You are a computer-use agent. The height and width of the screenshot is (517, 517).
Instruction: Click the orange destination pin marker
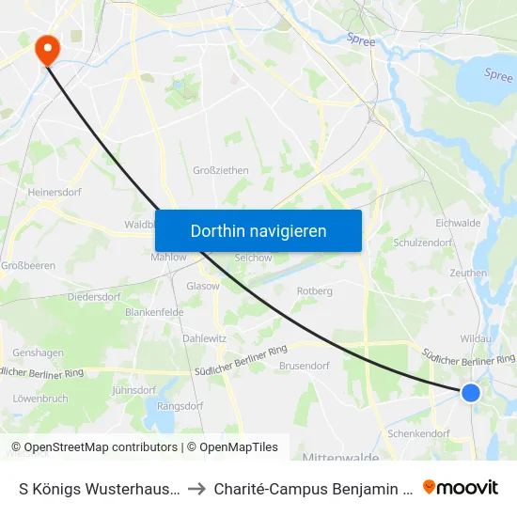pos(45,49)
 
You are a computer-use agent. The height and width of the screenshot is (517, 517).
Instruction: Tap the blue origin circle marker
pos(471,393)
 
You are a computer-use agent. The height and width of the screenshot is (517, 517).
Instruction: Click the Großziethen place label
pos(220,170)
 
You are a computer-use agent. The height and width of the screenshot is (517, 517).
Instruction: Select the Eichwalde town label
pos(458,224)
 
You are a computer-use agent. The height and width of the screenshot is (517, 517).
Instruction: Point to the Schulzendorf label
pos(422,242)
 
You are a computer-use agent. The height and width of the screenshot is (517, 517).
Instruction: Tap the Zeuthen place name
pos(468,274)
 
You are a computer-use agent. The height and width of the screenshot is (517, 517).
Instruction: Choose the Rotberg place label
pos(315,291)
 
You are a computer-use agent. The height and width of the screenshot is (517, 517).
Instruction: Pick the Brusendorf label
pos(304,366)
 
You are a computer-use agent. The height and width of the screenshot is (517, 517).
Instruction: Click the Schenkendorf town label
pos(418,434)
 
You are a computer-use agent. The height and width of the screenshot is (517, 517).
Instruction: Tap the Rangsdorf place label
pos(180,405)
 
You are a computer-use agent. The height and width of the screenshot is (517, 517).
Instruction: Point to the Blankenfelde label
pos(152,312)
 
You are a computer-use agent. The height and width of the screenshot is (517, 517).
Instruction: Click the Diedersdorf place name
pos(94,296)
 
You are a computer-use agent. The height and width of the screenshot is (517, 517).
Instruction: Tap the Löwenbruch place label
pos(40,399)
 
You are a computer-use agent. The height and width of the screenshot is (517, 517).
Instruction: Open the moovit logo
pos(461,487)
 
